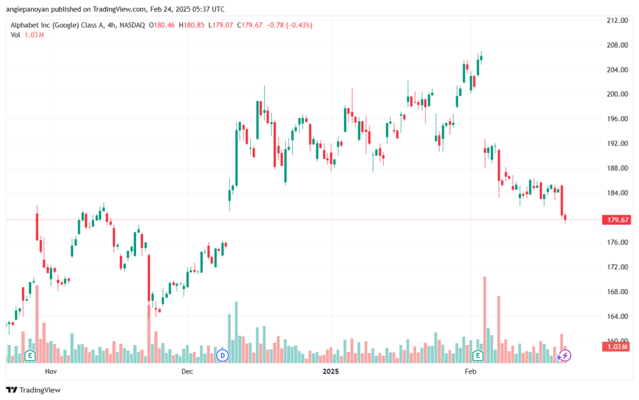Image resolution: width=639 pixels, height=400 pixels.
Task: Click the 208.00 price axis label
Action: [617, 45]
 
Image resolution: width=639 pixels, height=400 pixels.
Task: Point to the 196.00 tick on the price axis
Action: [617, 119]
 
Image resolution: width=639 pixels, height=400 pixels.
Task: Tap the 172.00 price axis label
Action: [617, 267]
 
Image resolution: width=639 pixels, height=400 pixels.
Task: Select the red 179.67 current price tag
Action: [617, 220]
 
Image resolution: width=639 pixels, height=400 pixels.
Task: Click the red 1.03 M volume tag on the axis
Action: [617, 346]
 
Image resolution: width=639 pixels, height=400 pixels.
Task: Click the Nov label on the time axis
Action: [51, 371]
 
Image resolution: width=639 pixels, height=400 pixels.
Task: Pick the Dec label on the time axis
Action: [187, 371]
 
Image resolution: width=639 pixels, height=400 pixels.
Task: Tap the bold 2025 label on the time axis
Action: [331, 371]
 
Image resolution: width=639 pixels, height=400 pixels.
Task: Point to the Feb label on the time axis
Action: [471, 371]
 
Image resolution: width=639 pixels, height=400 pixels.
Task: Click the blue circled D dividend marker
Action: [223, 356]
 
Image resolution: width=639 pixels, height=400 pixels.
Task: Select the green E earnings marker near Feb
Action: [477, 356]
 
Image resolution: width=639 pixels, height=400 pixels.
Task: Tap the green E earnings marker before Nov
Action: [30, 356]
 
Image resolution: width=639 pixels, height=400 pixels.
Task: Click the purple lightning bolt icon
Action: [565, 356]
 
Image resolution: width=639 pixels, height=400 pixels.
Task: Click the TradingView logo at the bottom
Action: [34, 390]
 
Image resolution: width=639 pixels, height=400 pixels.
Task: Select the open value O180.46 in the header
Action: [162, 25]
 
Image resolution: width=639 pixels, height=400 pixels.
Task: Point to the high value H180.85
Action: [192, 25]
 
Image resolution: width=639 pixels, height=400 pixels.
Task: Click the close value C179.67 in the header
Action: [250, 25]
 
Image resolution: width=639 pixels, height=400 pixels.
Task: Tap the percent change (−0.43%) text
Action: [299, 25]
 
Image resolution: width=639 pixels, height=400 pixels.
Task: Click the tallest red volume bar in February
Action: [484, 320]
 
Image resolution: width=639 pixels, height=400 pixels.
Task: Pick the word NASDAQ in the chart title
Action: [132, 25]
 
